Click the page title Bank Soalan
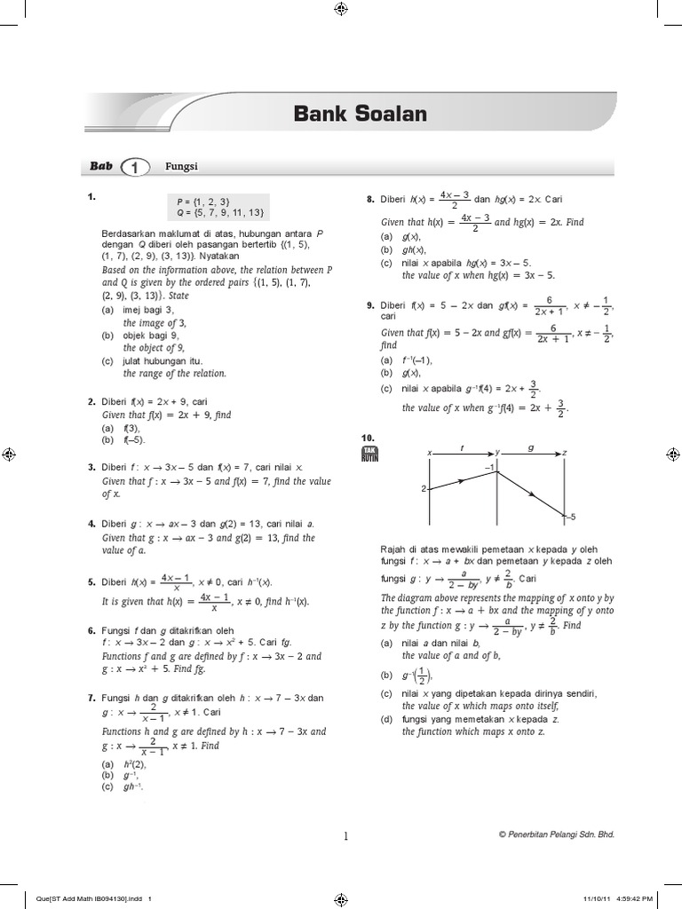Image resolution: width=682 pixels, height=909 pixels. point(360,114)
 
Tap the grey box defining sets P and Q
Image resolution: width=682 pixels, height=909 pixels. point(218,207)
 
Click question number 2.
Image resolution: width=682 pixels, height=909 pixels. point(91,401)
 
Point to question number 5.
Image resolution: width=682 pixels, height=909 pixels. point(91,581)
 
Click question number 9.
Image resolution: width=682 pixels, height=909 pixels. point(370,304)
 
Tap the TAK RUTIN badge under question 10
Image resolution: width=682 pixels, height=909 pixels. point(370,456)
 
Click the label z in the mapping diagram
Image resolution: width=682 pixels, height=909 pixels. point(565,452)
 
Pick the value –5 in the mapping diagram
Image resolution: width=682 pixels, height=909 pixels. point(573,517)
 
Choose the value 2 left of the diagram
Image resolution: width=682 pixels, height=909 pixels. point(424,488)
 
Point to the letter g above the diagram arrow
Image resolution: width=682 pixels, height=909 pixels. point(531,448)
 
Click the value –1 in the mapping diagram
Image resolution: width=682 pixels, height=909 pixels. point(488,466)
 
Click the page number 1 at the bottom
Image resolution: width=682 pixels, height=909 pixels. point(345,834)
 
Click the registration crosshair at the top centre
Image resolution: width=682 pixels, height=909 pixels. point(341,9)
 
